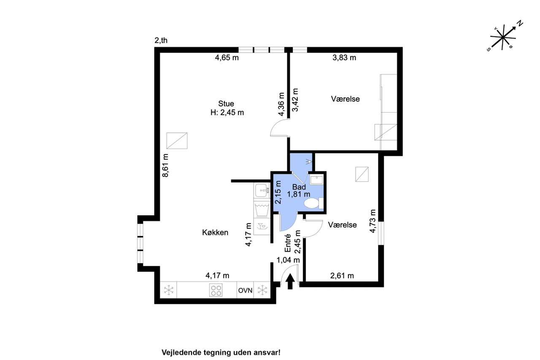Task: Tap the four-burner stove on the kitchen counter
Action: pos(216,290)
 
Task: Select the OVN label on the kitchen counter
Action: pos(245,290)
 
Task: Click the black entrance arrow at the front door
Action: pos(290,281)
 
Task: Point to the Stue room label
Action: pos(226,104)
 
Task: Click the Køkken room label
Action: pos(215,233)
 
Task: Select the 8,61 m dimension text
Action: pos(165,165)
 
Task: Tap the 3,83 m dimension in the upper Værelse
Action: pos(344,58)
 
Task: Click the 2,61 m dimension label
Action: pos(342,276)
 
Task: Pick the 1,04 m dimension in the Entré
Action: pos(288,260)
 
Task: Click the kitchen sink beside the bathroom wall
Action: pos(262,191)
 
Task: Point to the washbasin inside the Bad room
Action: pos(316,180)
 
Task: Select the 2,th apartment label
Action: pos(161,40)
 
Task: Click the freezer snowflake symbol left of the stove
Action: pos(169,290)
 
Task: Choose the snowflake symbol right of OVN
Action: pos(262,290)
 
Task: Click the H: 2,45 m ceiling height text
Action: pos(227,113)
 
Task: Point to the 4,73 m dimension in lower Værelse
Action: pos(373,221)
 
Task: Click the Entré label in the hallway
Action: pos(288,243)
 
